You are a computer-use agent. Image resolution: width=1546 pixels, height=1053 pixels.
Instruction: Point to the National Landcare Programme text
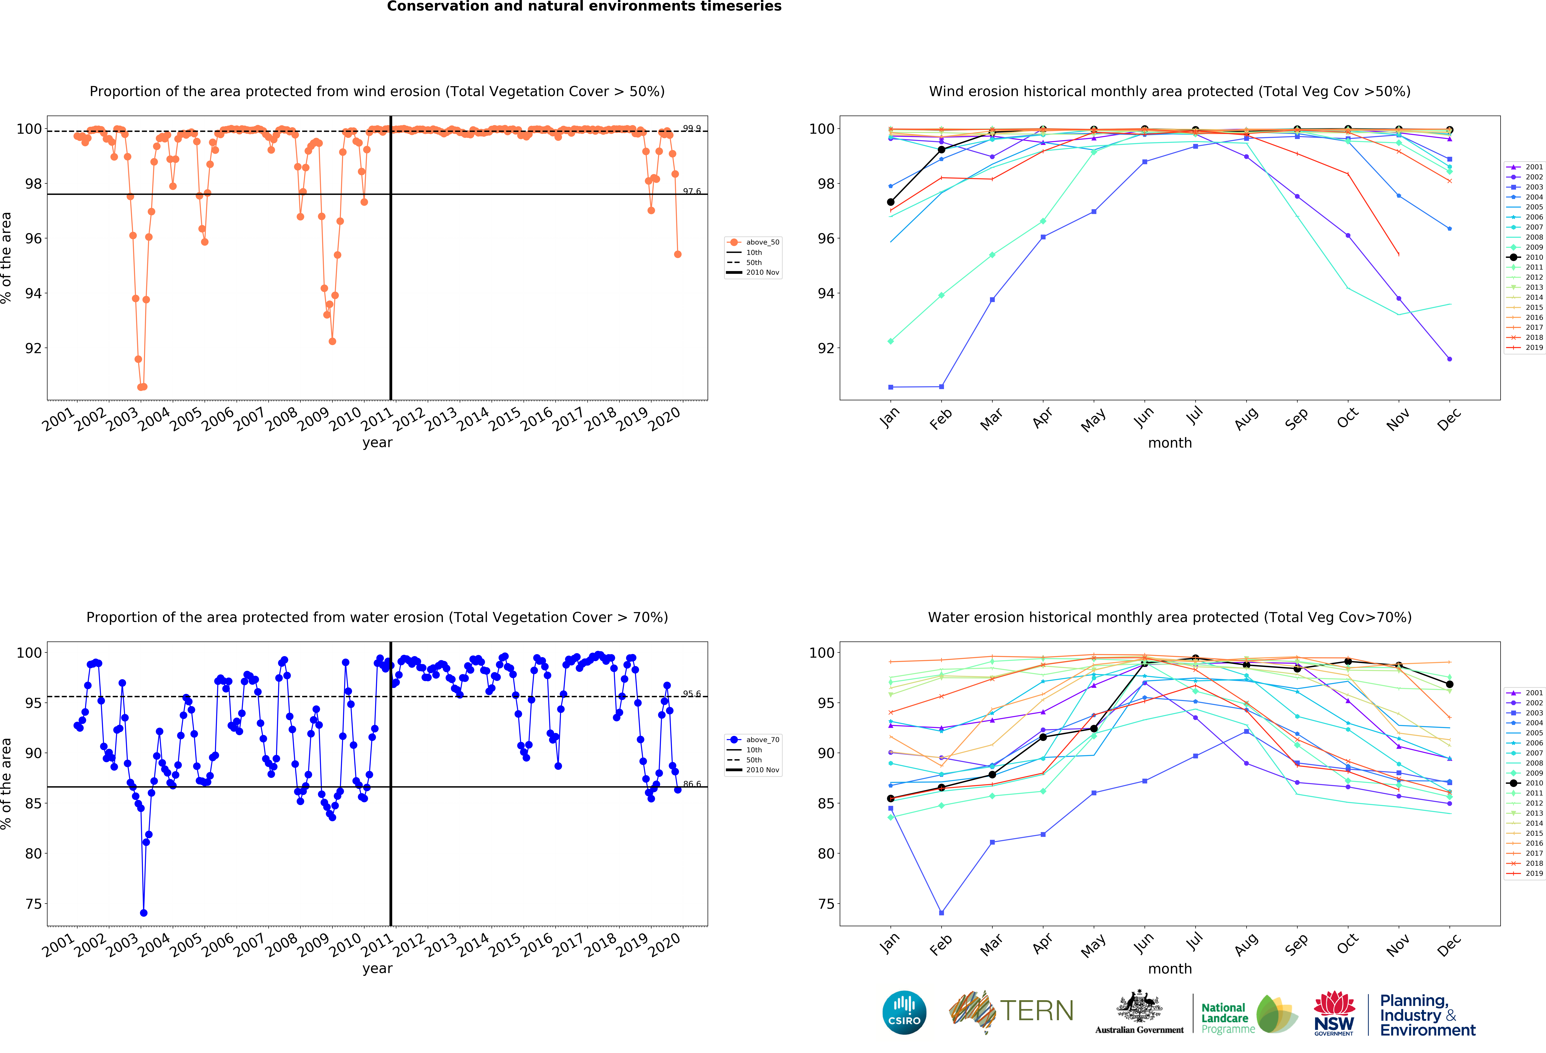click(1225, 1018)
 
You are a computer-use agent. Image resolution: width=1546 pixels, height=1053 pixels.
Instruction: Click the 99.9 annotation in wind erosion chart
click(691, 128)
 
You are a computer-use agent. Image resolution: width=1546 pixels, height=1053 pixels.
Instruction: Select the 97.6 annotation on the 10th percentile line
click(691, 191)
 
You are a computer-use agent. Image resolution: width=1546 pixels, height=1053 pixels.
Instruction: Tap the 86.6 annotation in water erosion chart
click(691, 784)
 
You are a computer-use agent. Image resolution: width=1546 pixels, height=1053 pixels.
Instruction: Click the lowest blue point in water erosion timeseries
click(144, 913)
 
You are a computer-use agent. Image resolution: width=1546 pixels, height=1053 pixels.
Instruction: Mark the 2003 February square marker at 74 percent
click(941, 913)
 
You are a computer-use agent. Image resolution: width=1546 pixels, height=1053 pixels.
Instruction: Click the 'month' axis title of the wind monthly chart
click(1169, 443)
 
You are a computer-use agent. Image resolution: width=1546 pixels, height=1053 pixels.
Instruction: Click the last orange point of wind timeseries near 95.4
click(677, 254)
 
